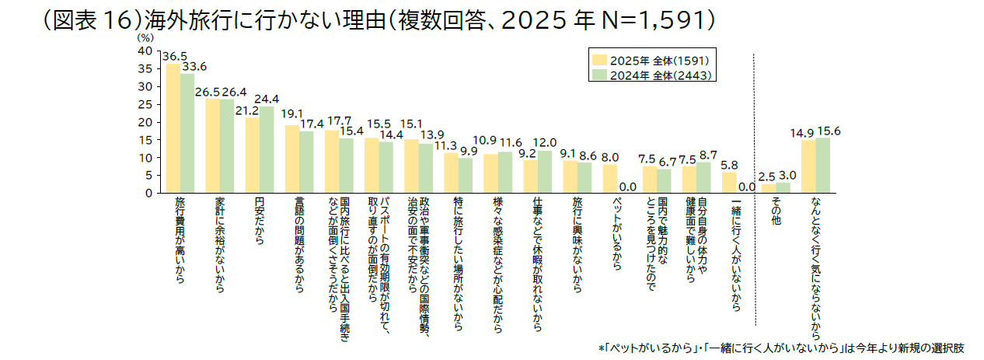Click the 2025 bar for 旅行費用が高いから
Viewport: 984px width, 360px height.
click(173, 128)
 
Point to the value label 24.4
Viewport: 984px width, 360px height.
click(267, 99)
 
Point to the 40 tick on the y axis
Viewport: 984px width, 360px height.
click(145, 51)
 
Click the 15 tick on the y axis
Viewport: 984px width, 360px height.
click(145, 140)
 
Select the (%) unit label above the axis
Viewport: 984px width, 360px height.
click(145, 37)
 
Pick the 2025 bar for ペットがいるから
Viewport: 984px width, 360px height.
click(610, 179)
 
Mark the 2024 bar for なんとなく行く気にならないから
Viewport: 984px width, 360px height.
click(822, 165)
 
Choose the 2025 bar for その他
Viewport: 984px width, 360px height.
click(768, 188)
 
